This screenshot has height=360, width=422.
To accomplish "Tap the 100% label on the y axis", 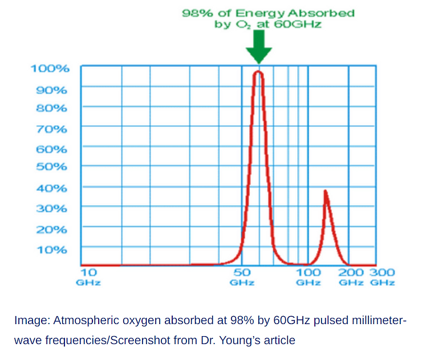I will tap(50, 69).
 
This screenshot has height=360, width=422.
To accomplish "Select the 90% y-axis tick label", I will tap(52, 90).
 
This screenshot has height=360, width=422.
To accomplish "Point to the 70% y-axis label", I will tap(52, 129).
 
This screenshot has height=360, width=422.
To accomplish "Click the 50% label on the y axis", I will tap(52, 167).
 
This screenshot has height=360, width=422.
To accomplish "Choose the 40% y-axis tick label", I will tap(52, 188).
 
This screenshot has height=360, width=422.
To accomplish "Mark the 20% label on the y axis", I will tap(52, 229).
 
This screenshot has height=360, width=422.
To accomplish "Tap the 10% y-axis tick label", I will tap(52, 249).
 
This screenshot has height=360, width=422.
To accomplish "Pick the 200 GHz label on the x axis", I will tap(351, 277).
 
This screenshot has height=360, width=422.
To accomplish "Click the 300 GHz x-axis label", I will tap(382, 277).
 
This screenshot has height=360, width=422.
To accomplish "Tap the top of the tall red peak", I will tap(258, 72).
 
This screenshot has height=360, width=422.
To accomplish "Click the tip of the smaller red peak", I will tap(325, 191).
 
